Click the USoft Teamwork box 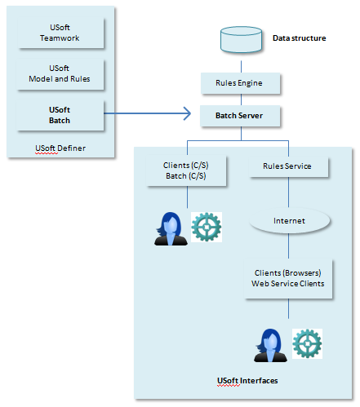click(x=60, y=33)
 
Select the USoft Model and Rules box click(x=60, y=74)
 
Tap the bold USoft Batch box click(x=60, y=115)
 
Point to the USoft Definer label click(x=60, y=148)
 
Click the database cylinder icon click(x=241, y=40)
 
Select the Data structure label click(x=300, y=38)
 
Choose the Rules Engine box click(x=240, y=83)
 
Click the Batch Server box click(x=240, y=116)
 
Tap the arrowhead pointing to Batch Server click(x=187, y=113)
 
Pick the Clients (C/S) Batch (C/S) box click(x=186, y=170)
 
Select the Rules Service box click(x=289, y=166)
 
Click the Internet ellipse click(x=290, y=220)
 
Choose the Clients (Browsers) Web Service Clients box click(x=288, y=279)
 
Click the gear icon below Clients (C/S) click(x=207, y=227)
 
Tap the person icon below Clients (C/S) click(x=171, y=229)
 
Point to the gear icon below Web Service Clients click(x=307, y=343)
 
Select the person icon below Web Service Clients click(x=270, y=346)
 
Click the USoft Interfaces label click(x=247, y=381)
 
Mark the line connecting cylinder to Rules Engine click(x=241, y=67)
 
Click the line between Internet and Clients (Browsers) click(x=289, y=246)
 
